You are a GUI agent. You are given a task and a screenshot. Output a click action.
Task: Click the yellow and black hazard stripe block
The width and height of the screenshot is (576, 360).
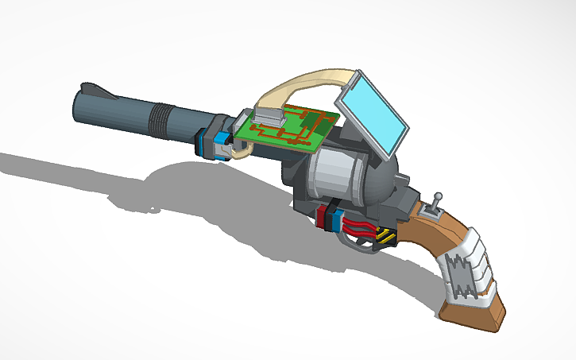pyautogui.click(x=385, y=236)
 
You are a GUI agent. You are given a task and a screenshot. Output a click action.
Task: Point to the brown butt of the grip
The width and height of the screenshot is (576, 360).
pyautogui.click(x=477, y=314)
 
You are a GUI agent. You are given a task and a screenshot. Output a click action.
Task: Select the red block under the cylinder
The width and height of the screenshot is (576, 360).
pyautogui.click(x=324, y=217)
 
